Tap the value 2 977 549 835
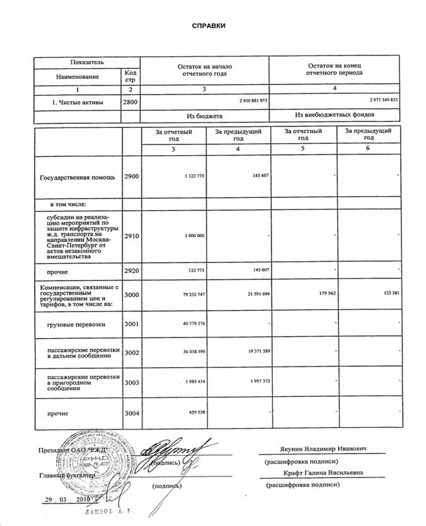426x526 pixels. coord(384,101)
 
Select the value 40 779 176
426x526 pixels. coord(191,324)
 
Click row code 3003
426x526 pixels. coord(130,382)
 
